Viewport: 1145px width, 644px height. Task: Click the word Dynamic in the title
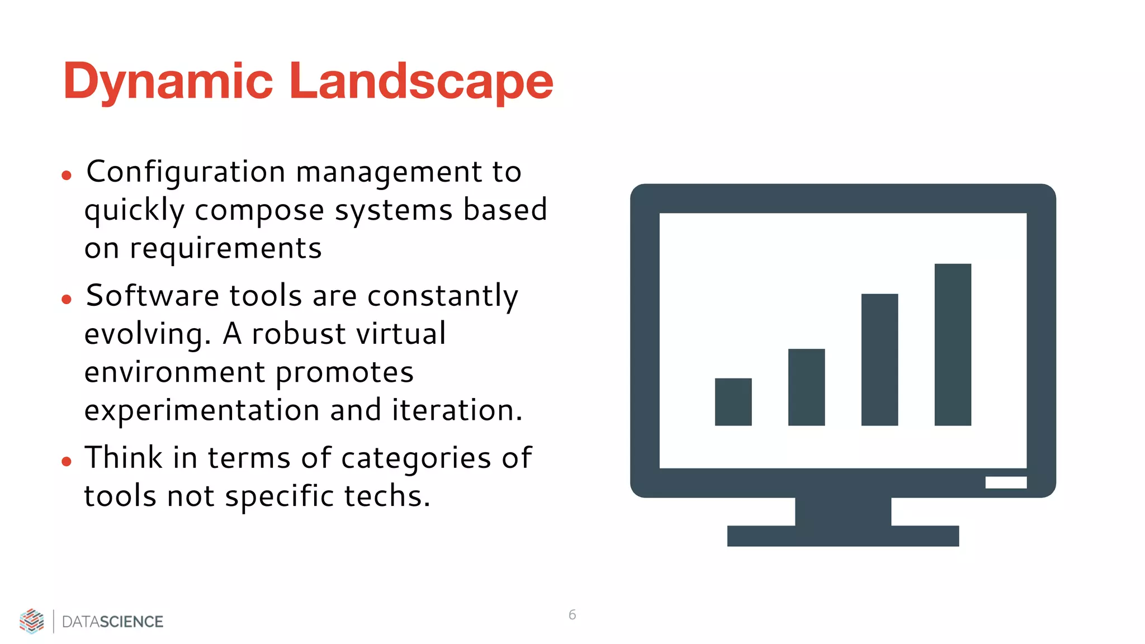168,82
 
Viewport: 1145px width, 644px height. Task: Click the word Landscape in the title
420,82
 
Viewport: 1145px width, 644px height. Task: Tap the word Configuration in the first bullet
186,172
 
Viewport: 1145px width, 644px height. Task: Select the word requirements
225,248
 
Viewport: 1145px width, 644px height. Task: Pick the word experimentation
201,410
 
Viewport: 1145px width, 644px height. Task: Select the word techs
387,496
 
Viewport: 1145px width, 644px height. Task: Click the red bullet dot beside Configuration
67,176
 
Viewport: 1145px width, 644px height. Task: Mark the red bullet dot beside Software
67,300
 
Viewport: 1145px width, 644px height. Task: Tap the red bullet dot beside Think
67,462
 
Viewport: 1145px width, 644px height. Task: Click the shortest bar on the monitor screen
733,402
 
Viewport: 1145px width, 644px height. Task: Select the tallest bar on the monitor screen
953,344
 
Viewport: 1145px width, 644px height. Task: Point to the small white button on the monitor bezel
1006,482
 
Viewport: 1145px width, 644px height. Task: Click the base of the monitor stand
843,536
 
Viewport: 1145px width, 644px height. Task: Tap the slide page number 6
572,615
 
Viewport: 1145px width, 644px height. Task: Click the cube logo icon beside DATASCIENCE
32,621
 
